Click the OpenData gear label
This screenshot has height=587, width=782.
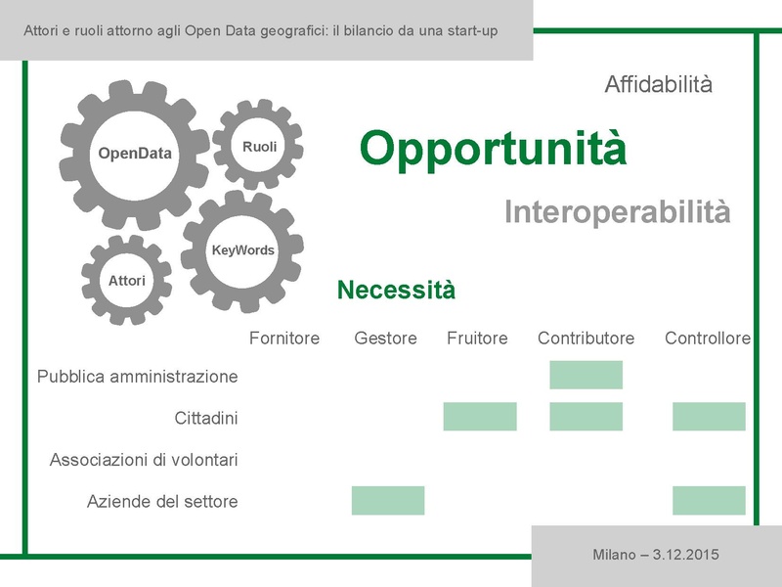135,153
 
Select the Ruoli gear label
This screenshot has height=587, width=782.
260,147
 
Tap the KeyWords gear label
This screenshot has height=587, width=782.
243,250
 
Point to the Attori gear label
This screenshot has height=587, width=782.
127,281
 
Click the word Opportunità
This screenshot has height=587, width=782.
493,149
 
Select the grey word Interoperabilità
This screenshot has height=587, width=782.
617,211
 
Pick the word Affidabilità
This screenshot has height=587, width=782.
658,85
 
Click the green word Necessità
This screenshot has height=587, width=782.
396,291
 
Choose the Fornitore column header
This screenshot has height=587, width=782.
284,339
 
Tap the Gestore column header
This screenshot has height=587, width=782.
385,339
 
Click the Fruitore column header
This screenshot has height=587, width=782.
477,339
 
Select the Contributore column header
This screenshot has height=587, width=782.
586,339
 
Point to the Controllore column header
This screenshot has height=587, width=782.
708,339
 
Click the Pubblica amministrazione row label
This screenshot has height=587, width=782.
137,376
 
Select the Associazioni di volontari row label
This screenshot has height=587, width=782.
144,459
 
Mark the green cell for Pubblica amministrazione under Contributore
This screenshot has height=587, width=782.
586,375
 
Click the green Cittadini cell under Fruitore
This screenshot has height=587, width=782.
479,416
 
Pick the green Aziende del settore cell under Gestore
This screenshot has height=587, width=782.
388,500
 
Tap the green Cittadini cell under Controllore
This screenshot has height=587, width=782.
709,416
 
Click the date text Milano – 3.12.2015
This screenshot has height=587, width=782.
656,555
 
